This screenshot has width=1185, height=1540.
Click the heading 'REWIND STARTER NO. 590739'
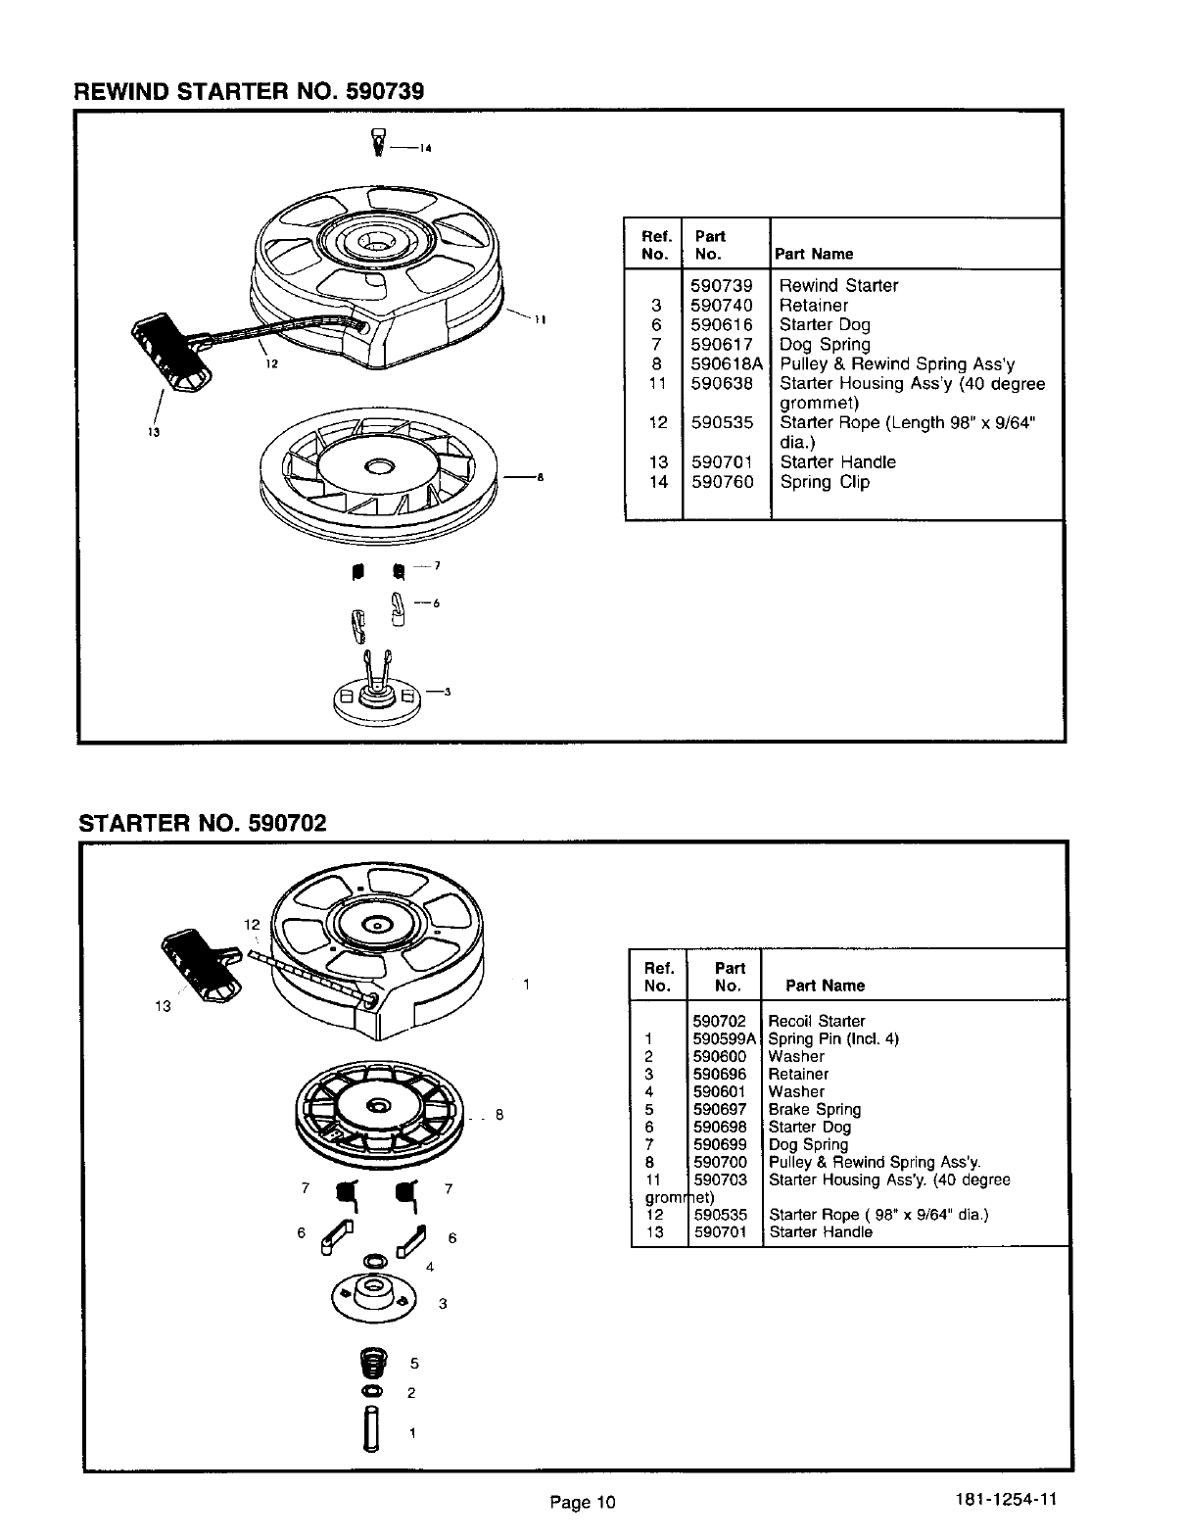point(250,92)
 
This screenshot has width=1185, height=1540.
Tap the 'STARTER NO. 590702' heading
point(202,822)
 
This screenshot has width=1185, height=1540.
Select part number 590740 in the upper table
point(721,306)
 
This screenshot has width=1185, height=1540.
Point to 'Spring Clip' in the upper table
point(825,482)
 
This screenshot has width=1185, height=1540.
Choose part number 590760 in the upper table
point(721,482)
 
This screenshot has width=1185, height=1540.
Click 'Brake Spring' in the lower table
point(814,1109)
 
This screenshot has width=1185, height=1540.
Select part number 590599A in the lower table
point(725,1038)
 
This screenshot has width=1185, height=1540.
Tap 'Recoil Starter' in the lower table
point(817,1021)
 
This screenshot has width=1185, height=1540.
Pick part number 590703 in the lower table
point(720,1179)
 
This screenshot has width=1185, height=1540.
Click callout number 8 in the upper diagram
point(540,478)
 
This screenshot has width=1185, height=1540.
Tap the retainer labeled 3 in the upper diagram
point(376,692)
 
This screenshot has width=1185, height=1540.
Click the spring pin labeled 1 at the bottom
point(369,1429)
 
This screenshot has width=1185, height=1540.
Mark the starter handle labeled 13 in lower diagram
point(204,964)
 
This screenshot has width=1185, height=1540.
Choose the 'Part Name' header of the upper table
point(814,255)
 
